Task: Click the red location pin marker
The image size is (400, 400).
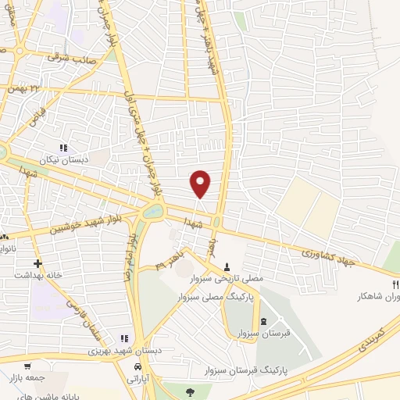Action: click(x=201, y=183)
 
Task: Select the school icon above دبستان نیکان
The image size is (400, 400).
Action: click(x=64, y=147)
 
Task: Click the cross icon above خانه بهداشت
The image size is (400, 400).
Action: click(x=37, y=264)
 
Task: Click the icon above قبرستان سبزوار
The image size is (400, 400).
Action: click(x=262, y=321)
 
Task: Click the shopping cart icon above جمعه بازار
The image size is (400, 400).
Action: click(x=28, y=366)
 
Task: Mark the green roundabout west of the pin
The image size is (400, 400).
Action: click(x=154, y=210)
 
